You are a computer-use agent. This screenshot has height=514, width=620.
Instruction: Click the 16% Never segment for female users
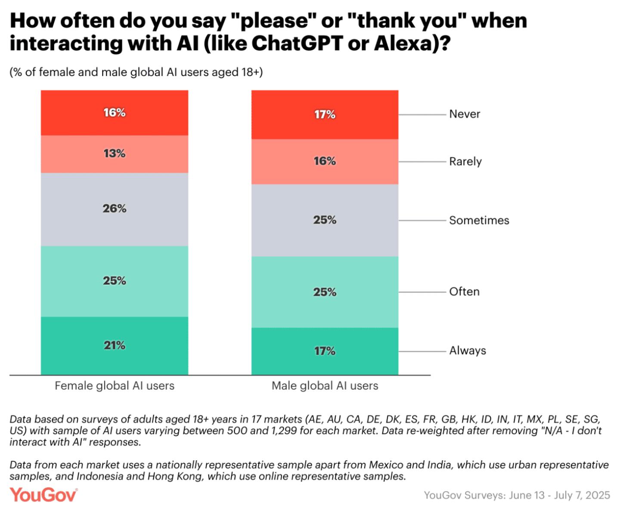(x=115, y=113)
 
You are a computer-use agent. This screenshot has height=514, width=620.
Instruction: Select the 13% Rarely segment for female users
(x=115, y=154)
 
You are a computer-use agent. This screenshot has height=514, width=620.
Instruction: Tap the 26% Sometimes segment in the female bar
(x=115, y=209)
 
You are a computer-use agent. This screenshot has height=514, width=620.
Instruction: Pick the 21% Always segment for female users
(x=115, y=345)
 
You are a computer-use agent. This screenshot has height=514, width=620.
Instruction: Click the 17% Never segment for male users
(x=325, y=114)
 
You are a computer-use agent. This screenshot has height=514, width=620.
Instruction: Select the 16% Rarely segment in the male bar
(x=325, y=161)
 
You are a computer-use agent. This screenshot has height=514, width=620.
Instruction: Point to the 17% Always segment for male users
(x=325, y=351)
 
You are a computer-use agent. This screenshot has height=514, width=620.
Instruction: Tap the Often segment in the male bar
(x=325, y=292)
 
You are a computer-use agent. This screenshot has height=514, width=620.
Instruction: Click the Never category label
(x=465, y=114)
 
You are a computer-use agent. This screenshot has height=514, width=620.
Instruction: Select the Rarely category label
(x=465, y=162)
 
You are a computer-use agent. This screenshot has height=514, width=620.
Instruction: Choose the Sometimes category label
(x=479, y=220)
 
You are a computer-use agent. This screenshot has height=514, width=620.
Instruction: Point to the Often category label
(x=464, y=292)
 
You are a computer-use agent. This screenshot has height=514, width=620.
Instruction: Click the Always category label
(x=468, y=351)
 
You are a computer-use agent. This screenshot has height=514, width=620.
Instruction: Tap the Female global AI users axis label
(x=115, y=386)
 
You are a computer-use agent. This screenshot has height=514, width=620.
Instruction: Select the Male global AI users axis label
(x=325, y=386)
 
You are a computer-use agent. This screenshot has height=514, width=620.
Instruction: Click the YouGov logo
(x=43, y=495)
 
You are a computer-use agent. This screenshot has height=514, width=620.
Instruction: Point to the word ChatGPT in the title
(x=297, y=43)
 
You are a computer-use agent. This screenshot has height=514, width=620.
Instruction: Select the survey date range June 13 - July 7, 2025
(x=559, y=496)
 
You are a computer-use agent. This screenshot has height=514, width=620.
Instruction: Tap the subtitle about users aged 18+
(x=136, y=72)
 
